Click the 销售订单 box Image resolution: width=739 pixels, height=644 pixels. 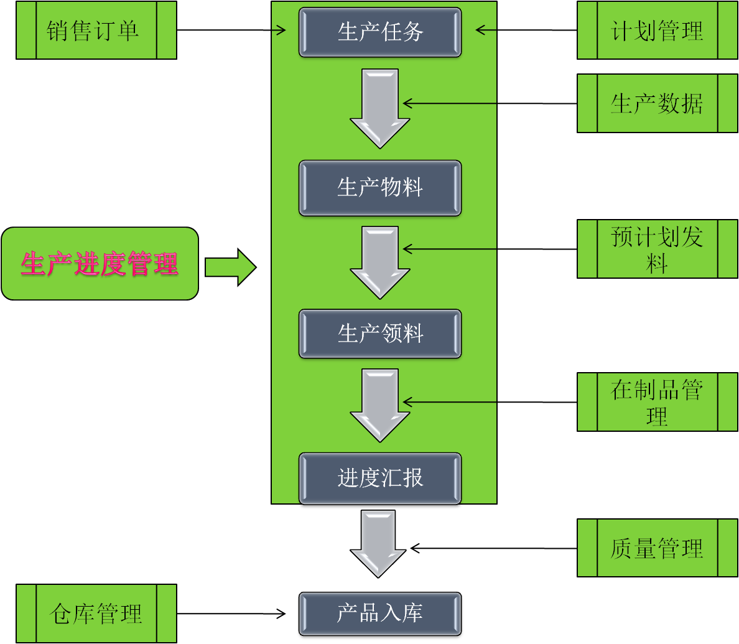[96, 30]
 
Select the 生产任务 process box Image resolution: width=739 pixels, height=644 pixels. [380, 32]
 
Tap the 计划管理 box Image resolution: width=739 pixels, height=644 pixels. [658, 30]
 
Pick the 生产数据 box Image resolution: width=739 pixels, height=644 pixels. [658, 103]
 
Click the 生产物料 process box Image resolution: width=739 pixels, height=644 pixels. [380, 188]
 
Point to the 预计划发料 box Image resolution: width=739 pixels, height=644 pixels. [658, 249]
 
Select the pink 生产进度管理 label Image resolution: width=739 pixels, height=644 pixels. [100, 264]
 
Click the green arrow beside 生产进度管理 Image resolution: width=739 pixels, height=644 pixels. [230, 268]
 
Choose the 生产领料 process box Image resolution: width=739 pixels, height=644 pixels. [380, 334]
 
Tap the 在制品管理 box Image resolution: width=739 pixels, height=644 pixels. [658, 402]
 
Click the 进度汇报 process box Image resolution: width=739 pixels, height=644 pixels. [380, 478]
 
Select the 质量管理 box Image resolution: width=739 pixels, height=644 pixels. [658, 548]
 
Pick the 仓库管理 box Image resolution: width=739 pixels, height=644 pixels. [96, 614]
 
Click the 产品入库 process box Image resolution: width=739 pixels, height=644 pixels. [380, 614]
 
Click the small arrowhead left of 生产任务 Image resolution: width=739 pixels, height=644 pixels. [280, 29]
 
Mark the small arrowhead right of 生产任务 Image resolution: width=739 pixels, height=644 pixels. [481, 29]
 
